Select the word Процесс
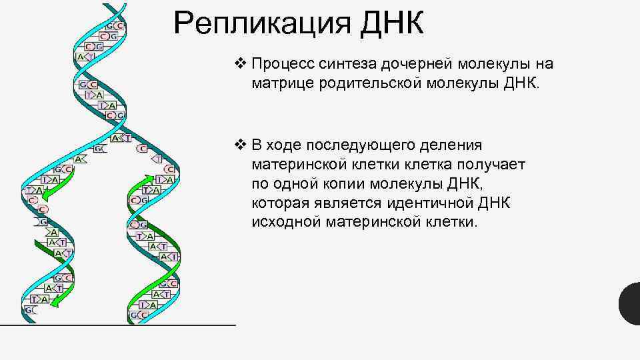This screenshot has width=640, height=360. (x=279, y=64)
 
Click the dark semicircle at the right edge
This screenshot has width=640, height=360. (x=631, y=303)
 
